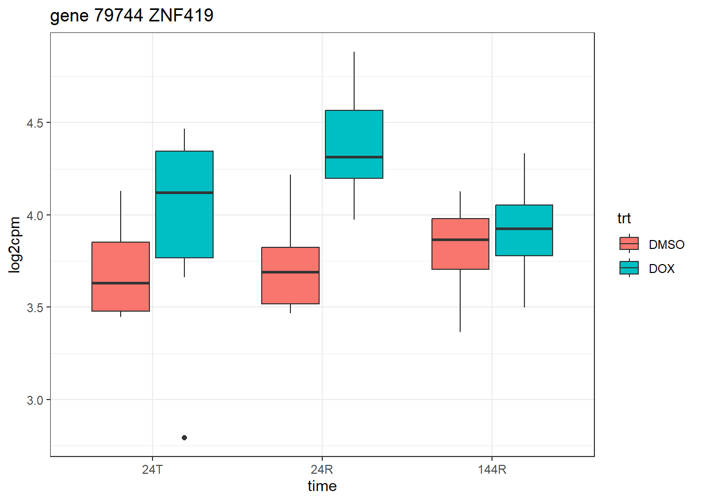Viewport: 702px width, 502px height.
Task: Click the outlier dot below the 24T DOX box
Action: [184, 438]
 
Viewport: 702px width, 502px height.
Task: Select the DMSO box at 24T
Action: [121, 276]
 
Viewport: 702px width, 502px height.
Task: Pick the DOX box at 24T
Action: [184, 204]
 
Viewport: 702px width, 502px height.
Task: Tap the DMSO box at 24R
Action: [290, 276]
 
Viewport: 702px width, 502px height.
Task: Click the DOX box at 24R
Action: [354, 144]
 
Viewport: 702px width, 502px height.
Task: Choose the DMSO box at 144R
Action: [460, 244]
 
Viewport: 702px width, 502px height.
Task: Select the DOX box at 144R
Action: [524, 230]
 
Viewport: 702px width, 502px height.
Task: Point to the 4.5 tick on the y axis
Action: [35, 123]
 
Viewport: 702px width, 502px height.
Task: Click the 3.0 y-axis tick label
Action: [35, 400]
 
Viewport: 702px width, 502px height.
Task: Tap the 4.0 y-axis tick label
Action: [35, 215]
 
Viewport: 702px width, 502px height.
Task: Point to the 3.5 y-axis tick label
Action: [35, 307]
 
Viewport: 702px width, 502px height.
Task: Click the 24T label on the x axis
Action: [152, 469]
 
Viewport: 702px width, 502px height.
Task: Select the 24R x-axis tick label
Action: [322, 469]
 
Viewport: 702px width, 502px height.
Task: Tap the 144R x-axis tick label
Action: [492, 469]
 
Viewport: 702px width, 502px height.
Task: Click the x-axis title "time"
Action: [322, 486]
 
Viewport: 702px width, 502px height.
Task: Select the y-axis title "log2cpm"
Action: [15, 245]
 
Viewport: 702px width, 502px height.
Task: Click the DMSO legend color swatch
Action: [629, 244]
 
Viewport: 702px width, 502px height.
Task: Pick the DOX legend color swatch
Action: [629, 268]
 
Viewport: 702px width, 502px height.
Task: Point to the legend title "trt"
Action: [624, 218]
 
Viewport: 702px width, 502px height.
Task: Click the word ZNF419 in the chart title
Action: [181, 16]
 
